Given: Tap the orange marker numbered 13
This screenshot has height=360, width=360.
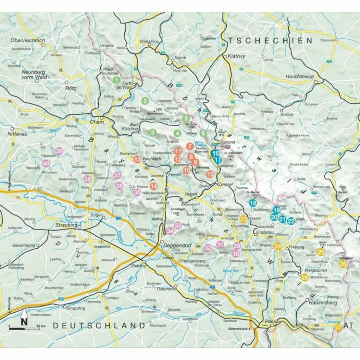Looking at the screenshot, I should coord(137,160).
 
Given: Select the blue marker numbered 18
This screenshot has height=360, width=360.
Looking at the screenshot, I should coord(252,203).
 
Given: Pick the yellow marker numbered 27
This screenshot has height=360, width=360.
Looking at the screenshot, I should coord(338,328).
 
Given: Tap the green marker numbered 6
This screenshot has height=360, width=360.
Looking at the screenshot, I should coord(203,133).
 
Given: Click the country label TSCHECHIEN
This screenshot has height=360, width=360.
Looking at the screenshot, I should coord(270,40).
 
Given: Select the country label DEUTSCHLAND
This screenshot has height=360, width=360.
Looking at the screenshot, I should coord(99,326).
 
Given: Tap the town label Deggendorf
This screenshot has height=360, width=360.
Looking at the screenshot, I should coord(177,246).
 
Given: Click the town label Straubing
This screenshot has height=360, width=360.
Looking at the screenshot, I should coord(67,225).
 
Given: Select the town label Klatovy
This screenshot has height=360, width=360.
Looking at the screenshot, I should coord(238,56).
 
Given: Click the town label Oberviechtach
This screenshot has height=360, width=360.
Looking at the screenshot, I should coord(29,41).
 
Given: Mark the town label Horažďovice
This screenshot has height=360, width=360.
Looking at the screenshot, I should coord(300,77).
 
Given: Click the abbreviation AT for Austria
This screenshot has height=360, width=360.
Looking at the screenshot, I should coord(348,326).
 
